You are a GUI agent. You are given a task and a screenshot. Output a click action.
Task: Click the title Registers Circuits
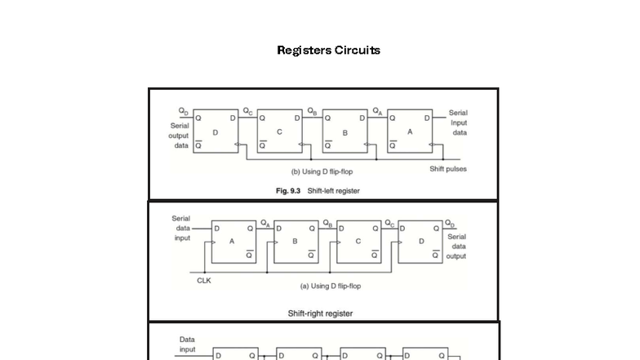click(328, 50)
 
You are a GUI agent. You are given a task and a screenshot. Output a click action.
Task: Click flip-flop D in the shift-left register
click(216, 131)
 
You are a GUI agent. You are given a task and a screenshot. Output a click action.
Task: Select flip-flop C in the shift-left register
click(279, 131)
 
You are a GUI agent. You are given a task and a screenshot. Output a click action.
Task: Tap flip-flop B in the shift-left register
click(344, 131)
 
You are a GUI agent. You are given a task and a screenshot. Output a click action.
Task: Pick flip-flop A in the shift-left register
click(410, 131)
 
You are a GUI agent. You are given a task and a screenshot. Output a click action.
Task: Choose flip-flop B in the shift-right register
click(296, 242)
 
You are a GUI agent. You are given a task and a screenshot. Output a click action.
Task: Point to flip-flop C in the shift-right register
click(358, 242)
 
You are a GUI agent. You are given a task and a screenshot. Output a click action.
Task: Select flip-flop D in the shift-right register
click(421, 242)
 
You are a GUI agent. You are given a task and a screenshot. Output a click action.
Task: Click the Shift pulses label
click(448, 169)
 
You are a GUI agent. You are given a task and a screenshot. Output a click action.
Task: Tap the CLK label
click(204, 280)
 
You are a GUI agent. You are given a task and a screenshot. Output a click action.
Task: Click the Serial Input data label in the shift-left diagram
click(459, 122)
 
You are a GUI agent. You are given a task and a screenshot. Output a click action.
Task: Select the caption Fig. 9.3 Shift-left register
click(318, 191)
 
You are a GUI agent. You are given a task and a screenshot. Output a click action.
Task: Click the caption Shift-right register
click(320, 313)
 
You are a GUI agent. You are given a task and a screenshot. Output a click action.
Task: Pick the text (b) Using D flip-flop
click(322, 171)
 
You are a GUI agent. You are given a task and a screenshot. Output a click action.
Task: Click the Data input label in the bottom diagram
click(187, 344)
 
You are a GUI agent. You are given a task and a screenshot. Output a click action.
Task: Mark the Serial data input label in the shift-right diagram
click(181, 229)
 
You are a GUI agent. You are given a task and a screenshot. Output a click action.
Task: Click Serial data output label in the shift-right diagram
click(456, 246)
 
